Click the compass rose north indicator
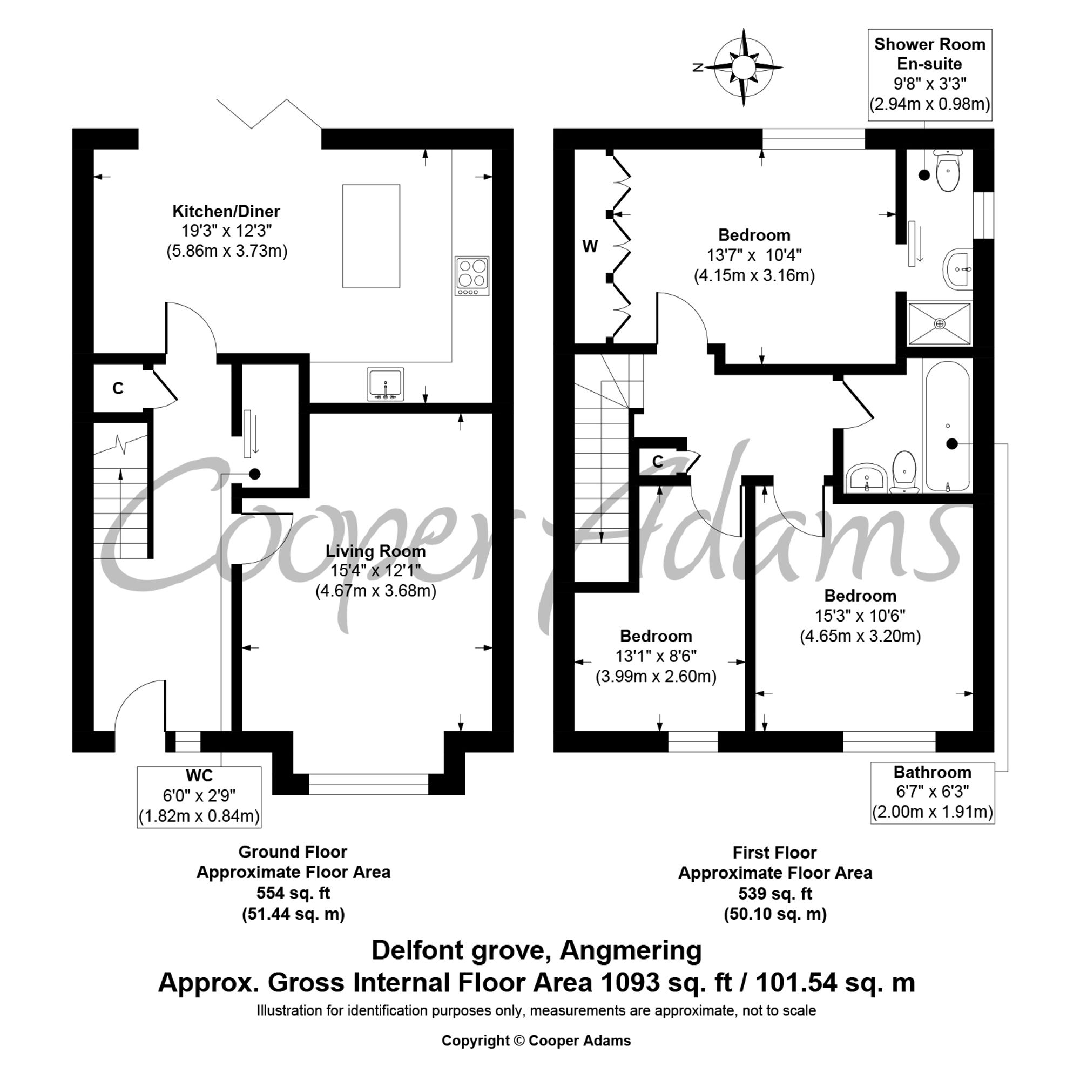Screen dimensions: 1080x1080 pyautogui.click(x=698, y=67)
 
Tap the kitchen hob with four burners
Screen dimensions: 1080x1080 pyautogui.click(x=473, y=275)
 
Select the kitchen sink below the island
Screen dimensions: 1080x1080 pyautogui.click(x=385, y=384)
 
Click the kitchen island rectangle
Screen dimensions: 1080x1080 pyautogui.click(x=371, y=236)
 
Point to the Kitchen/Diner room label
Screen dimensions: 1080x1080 pyautogui.click(x=226, y=211)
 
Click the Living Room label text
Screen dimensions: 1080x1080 pyautogui.click(x=376, y=551)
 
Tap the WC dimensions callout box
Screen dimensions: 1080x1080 pyautogui.click(x=199, y=796)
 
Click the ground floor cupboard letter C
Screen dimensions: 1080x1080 pyautogui.click(x=118, y=388)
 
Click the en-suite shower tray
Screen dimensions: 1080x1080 pyautogui.click(x=940, y=323)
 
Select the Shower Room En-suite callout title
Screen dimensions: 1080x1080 pyautogui.click(x=930, y=53)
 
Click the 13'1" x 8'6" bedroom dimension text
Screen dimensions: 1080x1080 pyautogui.click(x=656, y=656)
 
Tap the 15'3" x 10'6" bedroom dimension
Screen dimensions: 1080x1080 pyautogui.click(x=860, y=616)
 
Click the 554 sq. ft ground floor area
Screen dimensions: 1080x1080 pyautogui.click(x=293, y=893)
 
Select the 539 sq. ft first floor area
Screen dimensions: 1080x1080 pyautogui.click(x=775, y=893)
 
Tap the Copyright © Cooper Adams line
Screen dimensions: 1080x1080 pyautogui.click(x=536, y=1041)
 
